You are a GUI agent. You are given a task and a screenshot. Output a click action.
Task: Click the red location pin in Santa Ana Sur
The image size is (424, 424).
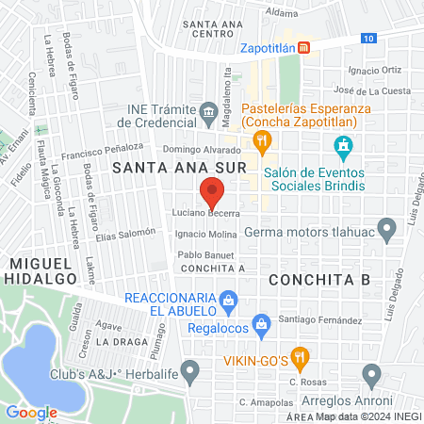(212, 195)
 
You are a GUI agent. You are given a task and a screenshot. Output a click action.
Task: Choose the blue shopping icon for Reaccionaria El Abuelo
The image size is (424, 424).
(227, 302)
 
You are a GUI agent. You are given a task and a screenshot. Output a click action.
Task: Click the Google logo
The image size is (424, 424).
(31, 412)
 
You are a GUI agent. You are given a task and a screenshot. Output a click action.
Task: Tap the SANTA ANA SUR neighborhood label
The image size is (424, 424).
(157, 168)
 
